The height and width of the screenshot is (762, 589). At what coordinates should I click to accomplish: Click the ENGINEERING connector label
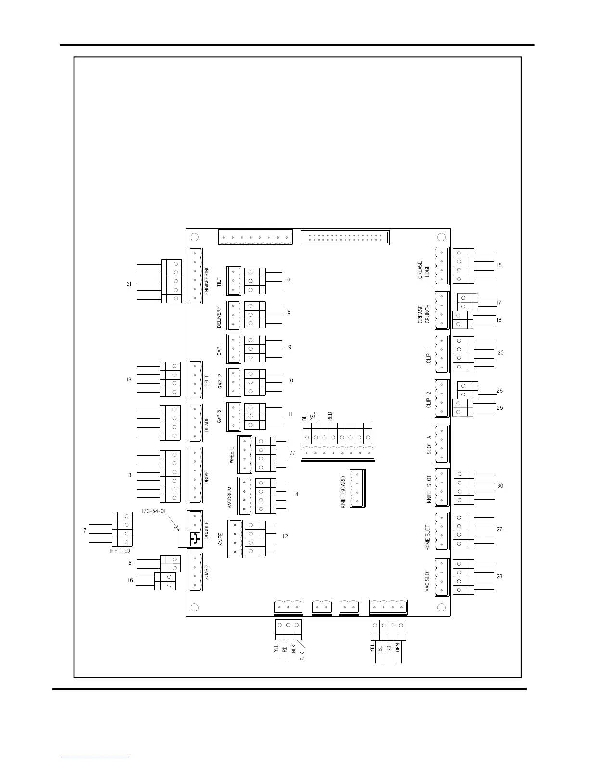click(206, 280)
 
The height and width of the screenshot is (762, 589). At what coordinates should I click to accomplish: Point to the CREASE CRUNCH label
click(423, 314)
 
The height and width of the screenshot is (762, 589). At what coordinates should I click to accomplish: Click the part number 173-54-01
click(154, 511)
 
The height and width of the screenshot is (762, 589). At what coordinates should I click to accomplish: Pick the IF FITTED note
click(120, 551)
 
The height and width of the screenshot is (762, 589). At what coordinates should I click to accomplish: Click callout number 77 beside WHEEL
click(292, 453)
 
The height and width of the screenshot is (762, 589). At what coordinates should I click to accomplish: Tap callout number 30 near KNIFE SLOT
click(500, 486)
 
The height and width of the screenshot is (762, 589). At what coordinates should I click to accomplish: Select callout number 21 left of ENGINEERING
click(129, 284)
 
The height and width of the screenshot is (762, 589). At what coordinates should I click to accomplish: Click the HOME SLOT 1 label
click(427, 532)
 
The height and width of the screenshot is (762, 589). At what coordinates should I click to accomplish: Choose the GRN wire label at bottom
click(397, 648)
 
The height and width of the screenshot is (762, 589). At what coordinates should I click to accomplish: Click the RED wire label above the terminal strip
click(330, 417)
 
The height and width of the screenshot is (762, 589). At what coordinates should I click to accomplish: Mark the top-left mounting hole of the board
click(194, 237)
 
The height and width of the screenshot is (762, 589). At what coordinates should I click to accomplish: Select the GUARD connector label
click(206, 572)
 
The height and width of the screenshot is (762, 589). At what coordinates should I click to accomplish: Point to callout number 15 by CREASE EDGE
click(499, 265)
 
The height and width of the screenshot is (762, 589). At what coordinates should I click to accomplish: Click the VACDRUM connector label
click(230, 497)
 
